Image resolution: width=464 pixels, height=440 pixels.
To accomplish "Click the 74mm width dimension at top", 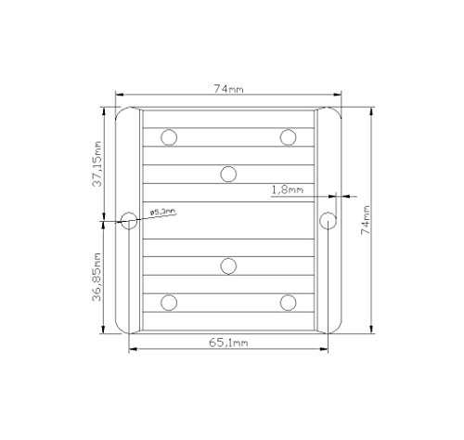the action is (x=229, y=89).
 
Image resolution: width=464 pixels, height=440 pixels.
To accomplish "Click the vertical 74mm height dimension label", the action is (x=366, y=220).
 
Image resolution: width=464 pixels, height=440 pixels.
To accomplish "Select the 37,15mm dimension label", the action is (x=97, y=163).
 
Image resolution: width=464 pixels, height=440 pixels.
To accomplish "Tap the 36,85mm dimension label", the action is (x=97, y=277).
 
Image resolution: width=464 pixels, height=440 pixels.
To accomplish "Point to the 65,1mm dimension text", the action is (x=228, y=343).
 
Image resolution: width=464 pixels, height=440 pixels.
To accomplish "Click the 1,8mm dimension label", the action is (x=288, y=189).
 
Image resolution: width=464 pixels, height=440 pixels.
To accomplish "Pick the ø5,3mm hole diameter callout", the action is (x=163, y=212).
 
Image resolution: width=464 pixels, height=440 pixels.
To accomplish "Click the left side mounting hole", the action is (x=129, y=221).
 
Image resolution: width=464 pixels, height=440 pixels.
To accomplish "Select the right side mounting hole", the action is (x=328, y=221).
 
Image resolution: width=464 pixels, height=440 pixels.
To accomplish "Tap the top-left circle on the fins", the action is (x=169, y=137).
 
